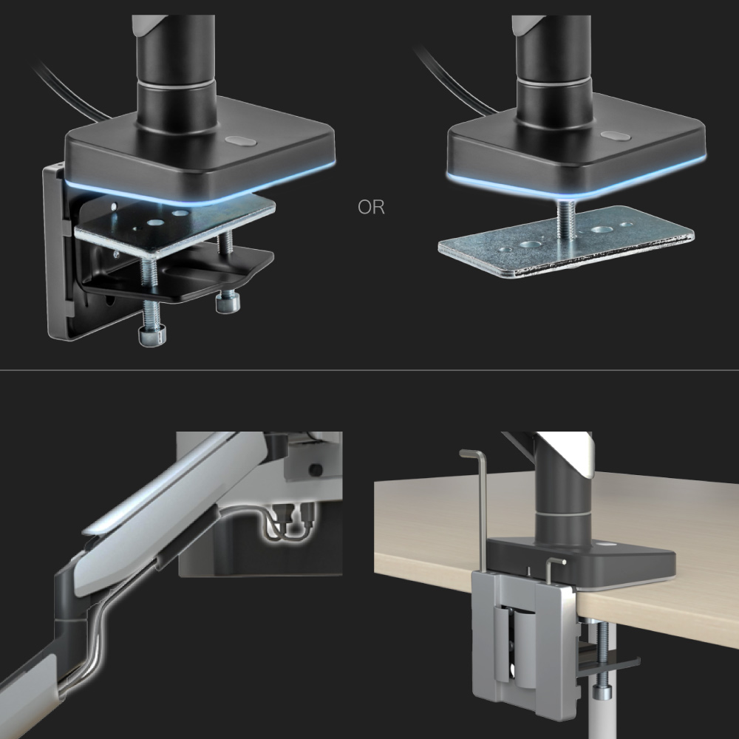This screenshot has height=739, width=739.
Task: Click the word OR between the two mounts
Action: pos(372,208)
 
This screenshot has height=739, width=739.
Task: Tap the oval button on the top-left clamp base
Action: pos(240,141)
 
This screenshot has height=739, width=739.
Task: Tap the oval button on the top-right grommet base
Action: pos(616,136)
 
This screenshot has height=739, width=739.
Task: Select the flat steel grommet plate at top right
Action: pos(565,242)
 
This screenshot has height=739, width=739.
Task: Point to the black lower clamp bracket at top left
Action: pos(174,276)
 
